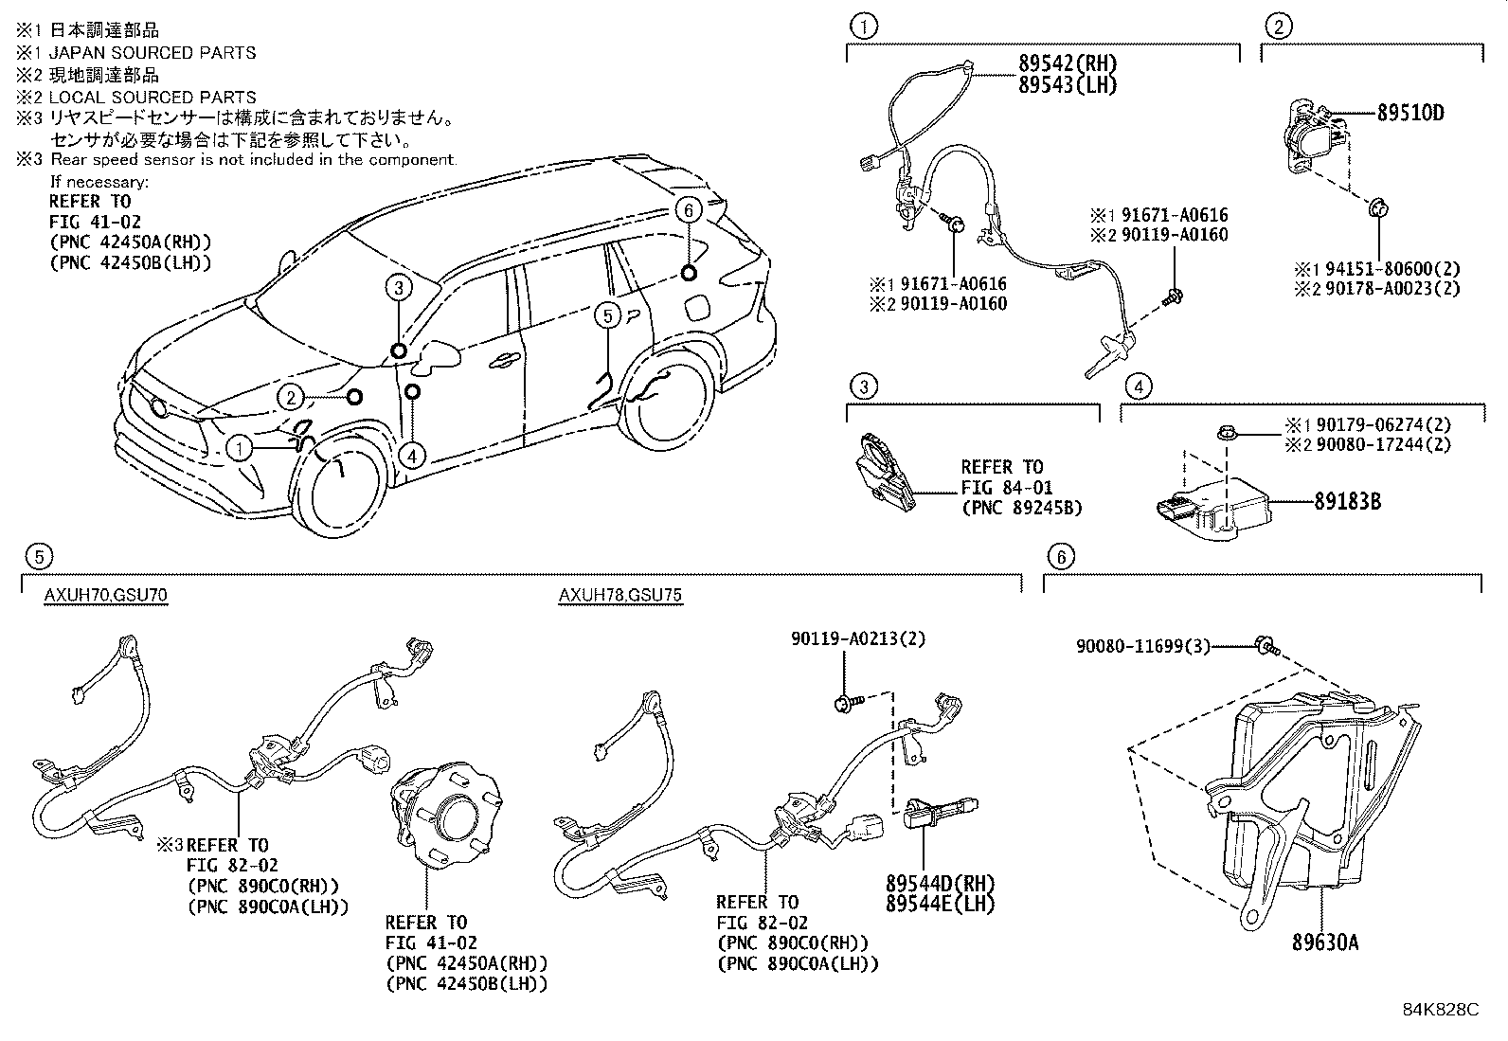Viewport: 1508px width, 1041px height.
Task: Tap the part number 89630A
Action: (x=1325, y=942)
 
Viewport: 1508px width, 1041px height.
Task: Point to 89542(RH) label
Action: (x=1068, y=63)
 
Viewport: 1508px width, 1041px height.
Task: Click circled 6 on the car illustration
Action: (x=689, y=209)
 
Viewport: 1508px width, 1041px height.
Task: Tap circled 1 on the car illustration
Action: (x=241, y=447)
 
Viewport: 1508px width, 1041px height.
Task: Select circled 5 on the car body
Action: (x=607, y=315)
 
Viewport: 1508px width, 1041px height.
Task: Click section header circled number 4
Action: (x=1139, y=386)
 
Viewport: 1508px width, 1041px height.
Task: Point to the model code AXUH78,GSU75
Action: (x=619, y=595)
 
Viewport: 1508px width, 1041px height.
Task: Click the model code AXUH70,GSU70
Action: (x=106, y=595)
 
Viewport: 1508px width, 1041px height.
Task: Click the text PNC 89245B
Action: (x=1021, y=508)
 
